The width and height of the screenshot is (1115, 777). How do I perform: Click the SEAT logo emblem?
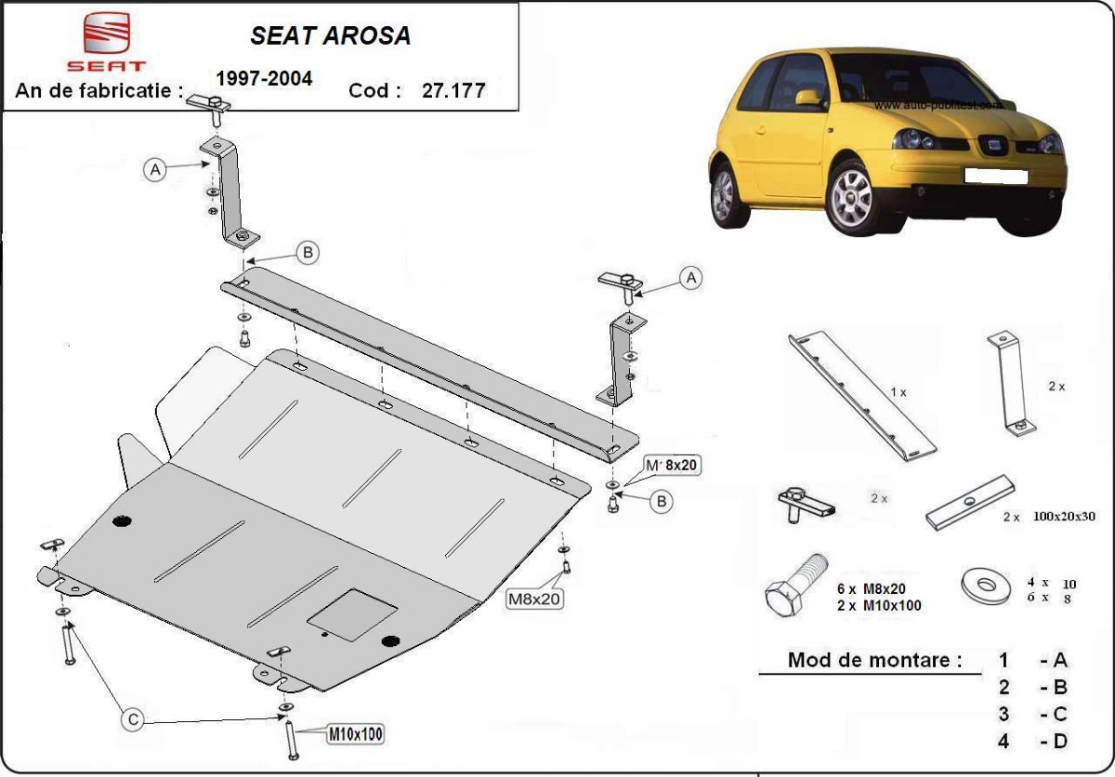(x=105, y=34)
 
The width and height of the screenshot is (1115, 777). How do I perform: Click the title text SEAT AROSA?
(x=330, y=35)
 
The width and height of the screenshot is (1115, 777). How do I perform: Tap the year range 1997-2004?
(x=264, y=79)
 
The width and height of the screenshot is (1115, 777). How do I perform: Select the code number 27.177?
(x=454, y=91)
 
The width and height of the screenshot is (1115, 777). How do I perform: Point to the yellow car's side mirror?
(x=809, y=97)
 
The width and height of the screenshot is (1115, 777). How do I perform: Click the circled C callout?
(x=134, y=718)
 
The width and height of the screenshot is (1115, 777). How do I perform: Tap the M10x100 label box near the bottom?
(x=355, y=734)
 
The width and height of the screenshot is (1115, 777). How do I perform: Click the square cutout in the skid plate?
(x=352, y=613)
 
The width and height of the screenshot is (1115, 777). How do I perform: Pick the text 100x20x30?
(x=1063, y=516)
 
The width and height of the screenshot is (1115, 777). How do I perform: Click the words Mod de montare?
(x=874, y=661)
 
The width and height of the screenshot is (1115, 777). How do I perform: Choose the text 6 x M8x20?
(x=871, y=588)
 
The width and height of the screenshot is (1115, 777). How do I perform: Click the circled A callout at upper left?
(x=155, y=169)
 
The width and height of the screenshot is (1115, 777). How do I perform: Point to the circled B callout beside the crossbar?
(x=308, y=251)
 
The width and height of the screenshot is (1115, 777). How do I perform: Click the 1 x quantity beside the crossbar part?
(x=898, y=392)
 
